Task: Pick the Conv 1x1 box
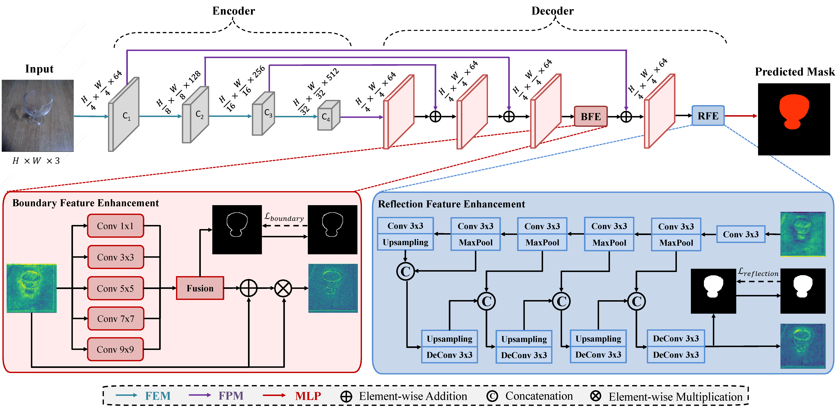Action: tap(115, 226)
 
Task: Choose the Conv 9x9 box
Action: tap(115, 349)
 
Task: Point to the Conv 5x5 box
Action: tap(115, 288)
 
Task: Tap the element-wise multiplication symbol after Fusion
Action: tap(283, 288)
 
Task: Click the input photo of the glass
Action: tap(38, 116)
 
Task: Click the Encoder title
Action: tap(234, 11)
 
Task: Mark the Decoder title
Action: tap(552, 11)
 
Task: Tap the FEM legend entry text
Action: tap(158, 396)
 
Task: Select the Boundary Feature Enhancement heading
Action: tap(85, 203)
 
